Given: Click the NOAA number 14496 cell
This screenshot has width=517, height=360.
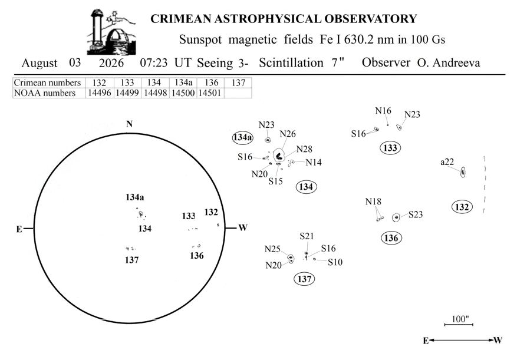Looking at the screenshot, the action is coord(100,93).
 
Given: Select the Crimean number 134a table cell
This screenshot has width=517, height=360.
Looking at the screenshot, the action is coord(183,82).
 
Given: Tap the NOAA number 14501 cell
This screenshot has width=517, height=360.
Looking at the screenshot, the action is coord(210,93).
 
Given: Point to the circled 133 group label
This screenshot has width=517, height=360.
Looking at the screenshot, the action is coord(390,148).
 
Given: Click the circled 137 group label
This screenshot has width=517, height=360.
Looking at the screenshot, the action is coord(304,279).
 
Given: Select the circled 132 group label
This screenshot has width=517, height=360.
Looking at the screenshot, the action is coord(462,207).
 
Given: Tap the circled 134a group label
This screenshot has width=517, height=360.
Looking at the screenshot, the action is coord(243,137).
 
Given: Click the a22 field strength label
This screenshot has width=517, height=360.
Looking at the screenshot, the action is coord(447,162).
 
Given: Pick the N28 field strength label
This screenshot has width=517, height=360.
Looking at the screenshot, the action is coord(304,149).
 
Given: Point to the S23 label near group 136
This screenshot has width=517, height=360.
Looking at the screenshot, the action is coord(416,214).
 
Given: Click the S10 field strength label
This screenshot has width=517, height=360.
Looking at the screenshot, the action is coord(335,262).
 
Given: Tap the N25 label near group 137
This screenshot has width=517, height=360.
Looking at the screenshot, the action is coord(272,249).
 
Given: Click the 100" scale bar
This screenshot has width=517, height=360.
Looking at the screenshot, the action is coord(459,325).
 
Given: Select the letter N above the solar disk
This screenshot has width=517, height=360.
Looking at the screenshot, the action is coord(129,124).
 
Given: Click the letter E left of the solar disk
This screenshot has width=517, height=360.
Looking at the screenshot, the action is coord(19,229).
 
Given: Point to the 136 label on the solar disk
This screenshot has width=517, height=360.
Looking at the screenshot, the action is coord(196,256).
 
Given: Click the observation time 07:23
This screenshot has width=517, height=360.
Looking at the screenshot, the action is coord(154,62).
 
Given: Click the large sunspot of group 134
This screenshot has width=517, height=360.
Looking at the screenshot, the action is coord(279,156).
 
